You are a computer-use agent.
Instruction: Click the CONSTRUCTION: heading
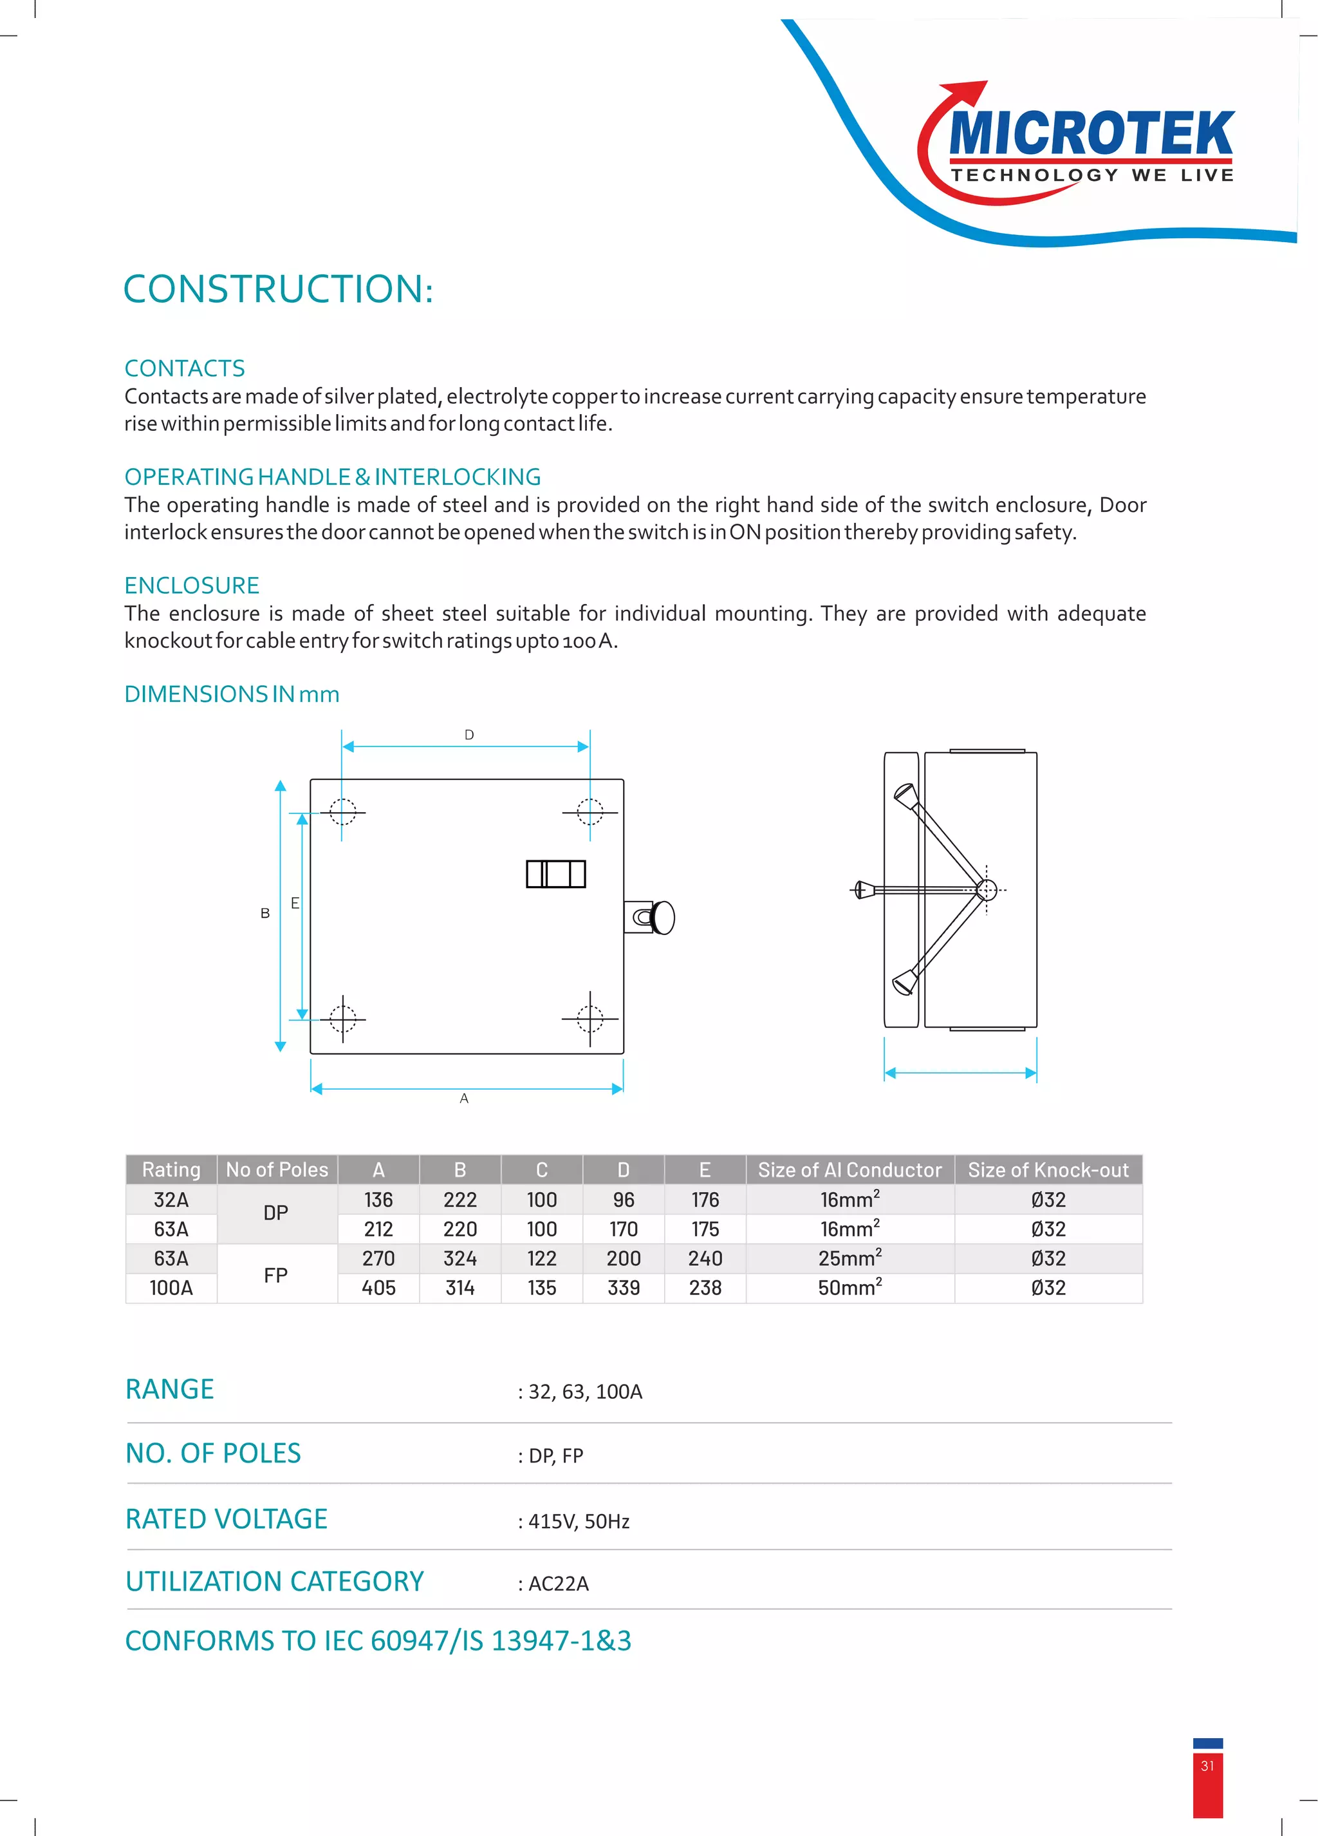coord(277,289)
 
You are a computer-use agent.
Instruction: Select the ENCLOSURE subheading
coord(192,585)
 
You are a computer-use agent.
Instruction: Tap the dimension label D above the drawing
coord(469,735)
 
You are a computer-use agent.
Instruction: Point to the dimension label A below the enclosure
coord(463,1099)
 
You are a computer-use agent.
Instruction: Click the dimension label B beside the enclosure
coord(265,913)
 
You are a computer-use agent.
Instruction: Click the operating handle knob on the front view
coord(664,917)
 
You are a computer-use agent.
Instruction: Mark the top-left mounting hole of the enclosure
coord(342,811)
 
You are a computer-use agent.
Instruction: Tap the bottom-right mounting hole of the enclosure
coord(590,1018)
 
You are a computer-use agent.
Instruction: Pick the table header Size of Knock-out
coord(1048,1169)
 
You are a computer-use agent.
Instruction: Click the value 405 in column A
coord(378,1288)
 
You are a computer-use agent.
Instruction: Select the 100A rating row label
coord(171,1288)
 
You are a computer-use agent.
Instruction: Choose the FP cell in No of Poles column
coord(276,1275)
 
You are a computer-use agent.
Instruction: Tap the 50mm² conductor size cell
coord(849,1288)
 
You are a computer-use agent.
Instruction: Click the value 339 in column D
coord(623,1288)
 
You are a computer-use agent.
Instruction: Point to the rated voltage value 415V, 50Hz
coord(579,1521)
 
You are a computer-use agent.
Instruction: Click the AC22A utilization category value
coord(558,1584)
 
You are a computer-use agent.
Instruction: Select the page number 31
coord(1207,1766)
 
